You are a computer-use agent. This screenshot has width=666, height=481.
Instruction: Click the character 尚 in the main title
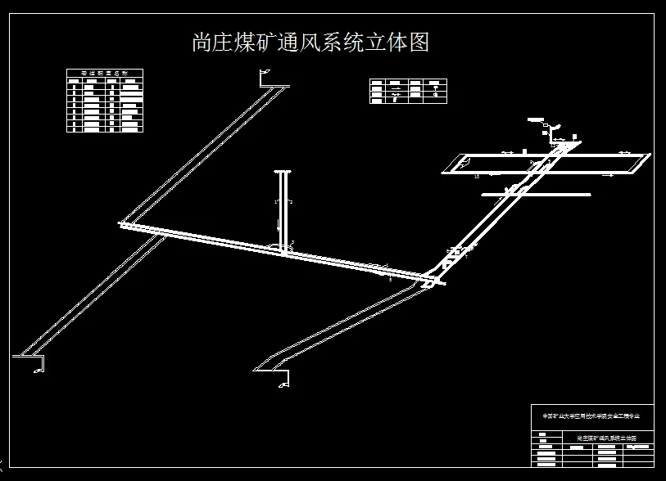(202, 43)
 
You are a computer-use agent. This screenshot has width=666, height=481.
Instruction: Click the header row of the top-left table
(105, 73)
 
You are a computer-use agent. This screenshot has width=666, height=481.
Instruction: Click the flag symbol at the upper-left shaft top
(265, 76)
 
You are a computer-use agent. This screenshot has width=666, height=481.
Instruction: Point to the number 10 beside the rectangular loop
(476, 176)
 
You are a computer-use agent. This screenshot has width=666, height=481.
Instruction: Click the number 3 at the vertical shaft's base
(292, 243)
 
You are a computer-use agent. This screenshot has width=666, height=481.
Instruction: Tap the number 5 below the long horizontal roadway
(391, 279)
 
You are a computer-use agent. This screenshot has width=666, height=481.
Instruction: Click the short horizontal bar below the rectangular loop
(537, 195)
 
